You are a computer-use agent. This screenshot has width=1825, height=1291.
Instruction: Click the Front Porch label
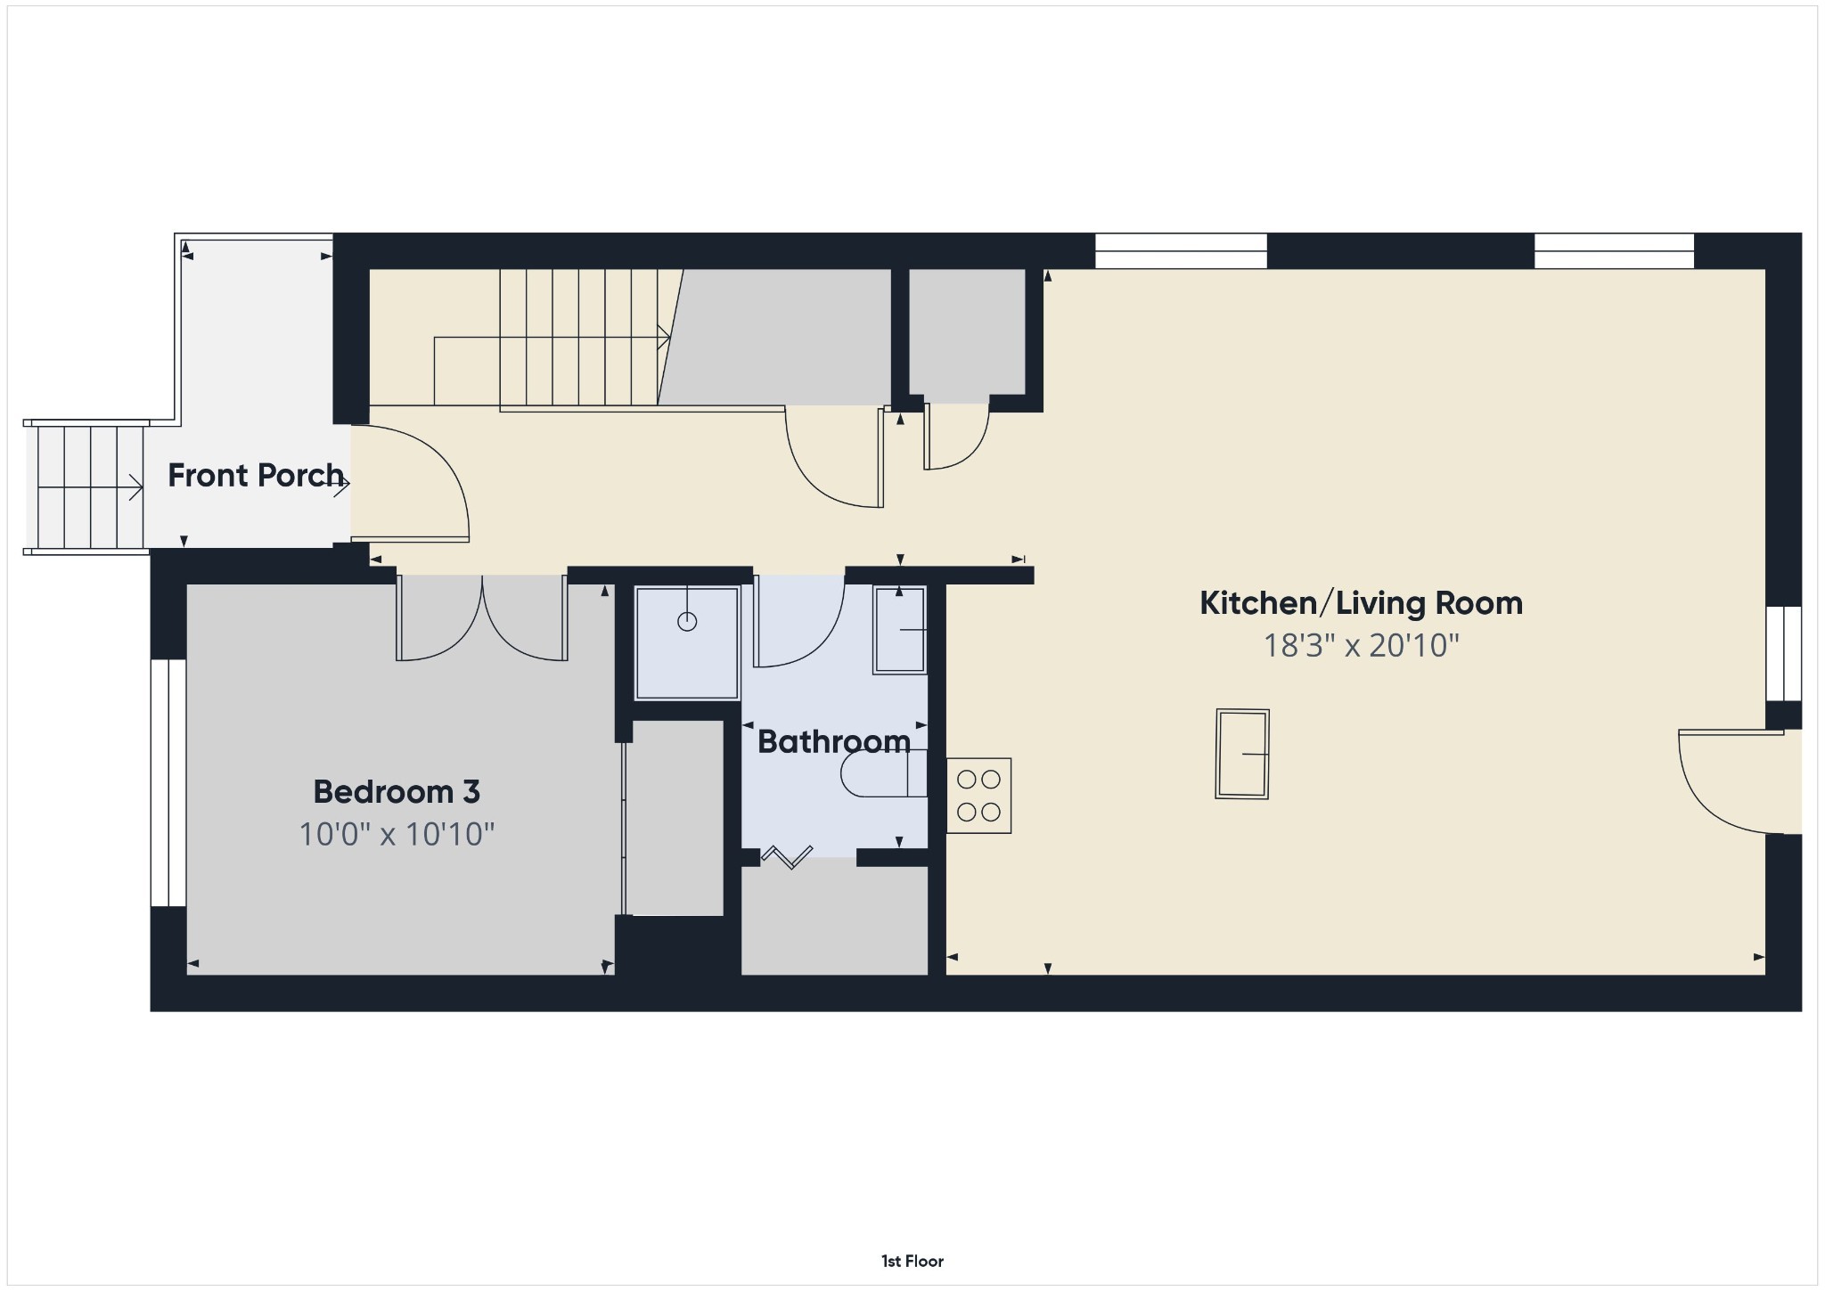[256, 476]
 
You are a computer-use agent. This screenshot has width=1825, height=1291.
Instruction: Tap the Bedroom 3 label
[397, 791]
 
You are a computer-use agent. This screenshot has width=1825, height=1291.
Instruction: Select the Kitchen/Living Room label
[1361, 603]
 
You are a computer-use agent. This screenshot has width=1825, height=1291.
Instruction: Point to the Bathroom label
[834, 741]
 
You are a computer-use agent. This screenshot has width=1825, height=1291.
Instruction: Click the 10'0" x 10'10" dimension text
[397, 834]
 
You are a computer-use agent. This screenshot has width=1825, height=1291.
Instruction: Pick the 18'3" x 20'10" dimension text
[1361, 645]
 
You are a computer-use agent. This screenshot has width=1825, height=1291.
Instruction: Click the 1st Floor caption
[912, 1261]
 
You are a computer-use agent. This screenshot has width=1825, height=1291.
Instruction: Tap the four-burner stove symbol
[978, 796]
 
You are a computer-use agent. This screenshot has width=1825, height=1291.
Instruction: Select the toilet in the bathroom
[883, 773]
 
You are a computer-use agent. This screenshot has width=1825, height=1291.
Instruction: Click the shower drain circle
[687, 622]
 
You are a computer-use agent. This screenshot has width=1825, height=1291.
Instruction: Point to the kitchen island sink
[1242, 754]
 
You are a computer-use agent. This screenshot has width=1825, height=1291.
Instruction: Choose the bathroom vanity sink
[900, 630]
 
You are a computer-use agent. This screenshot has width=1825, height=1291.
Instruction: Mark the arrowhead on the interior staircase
[664, 338]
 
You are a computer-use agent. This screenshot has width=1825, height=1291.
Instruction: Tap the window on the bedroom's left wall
[168, 783]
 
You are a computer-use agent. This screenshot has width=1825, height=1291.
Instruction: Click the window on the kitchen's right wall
[1784, 654]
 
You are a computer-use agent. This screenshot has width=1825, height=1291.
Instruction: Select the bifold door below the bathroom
[787, 857]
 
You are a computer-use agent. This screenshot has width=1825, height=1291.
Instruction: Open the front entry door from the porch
[410, 483]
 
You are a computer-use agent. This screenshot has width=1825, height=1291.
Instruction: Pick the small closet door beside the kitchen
[956, 437]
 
